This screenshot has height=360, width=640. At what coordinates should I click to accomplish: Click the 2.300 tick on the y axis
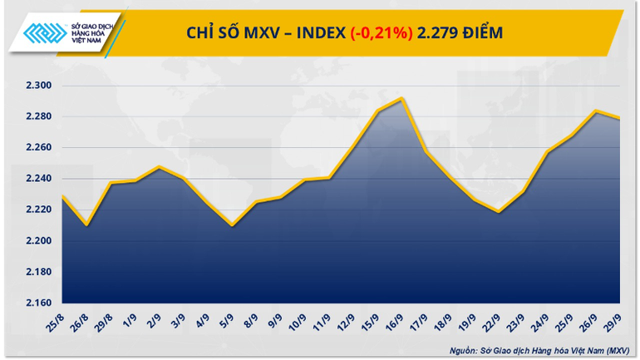(37, 86)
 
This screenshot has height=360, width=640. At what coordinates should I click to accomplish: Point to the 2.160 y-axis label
(37, 303)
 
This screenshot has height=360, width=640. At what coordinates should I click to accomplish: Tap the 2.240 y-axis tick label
(37, 179)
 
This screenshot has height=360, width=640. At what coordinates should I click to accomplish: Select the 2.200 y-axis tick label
(37, 241)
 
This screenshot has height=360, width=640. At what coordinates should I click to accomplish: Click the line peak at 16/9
(403, 98)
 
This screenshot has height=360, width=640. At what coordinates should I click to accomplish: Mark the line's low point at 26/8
(87, 225)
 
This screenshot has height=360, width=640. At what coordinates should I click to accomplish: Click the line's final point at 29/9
(620, 118)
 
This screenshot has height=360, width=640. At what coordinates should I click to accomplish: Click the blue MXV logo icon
(44, 34)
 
